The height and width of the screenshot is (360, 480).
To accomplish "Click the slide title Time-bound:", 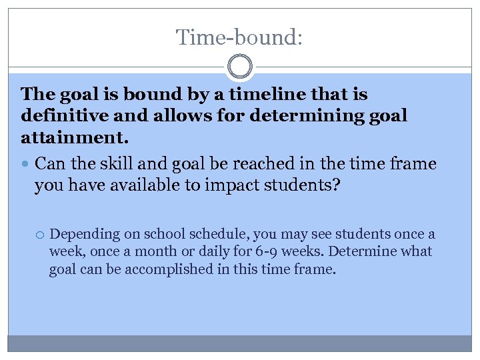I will click(239, 37).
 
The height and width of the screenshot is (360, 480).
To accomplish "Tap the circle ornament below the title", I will click(239, 67).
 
